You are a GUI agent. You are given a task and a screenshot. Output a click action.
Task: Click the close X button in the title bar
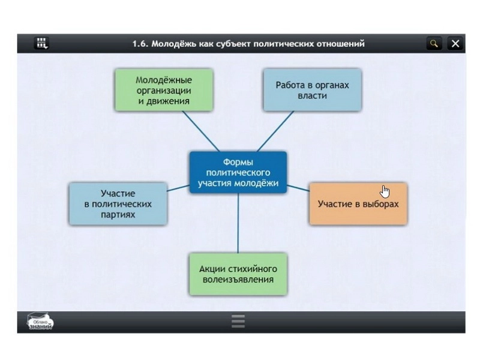coord(455,43)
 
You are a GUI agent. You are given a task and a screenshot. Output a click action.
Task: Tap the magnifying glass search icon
coord(434,43)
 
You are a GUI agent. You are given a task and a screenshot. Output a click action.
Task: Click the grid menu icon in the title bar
coord(41,43)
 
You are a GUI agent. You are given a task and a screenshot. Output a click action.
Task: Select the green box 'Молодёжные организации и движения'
coord(164,90)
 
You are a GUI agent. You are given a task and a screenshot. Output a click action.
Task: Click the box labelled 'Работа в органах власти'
coord(312,90)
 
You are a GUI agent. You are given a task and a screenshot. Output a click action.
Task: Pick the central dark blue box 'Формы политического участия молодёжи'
coord(238,172)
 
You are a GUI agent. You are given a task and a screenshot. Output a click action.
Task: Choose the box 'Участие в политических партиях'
coord(118,204)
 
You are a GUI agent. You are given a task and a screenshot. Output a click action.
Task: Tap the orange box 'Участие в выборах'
coord(358,204)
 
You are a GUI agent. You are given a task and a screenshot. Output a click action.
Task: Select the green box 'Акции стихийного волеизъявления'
coord(238,274)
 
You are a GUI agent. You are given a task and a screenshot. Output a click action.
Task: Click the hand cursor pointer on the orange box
coord(385,191)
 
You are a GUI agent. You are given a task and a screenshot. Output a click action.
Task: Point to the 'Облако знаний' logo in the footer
coord(40,322)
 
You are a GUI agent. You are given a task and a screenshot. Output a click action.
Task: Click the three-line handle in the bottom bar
coord(238,321)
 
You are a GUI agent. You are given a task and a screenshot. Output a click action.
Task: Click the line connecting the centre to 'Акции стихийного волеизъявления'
coord(238,223)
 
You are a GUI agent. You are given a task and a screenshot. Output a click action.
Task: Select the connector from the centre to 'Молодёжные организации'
coord(201,131)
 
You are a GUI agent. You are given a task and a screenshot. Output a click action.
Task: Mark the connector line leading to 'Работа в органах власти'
coord(275,131)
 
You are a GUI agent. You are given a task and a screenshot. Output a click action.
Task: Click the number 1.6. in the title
coord(140,44)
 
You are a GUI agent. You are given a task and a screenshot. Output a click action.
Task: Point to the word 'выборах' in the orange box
coord(381,204)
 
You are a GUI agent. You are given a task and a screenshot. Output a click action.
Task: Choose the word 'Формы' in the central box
coord(238,162)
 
